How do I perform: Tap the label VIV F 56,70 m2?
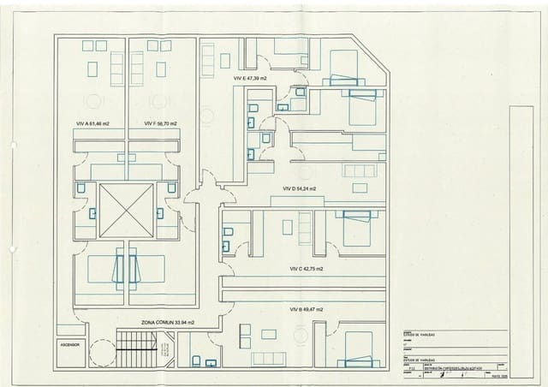coord(160,123)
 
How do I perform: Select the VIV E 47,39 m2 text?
coord(250,78)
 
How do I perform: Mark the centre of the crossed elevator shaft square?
coord(126,211)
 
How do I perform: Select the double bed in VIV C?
coord(354,229)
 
